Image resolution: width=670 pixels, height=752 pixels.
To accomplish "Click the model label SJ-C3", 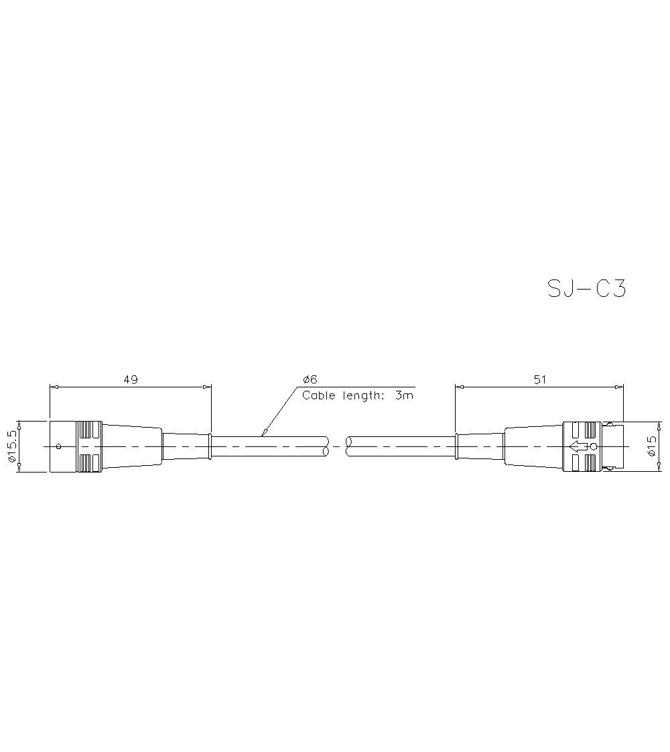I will click(586, 288).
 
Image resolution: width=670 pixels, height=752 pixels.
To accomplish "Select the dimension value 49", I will click(130, 379).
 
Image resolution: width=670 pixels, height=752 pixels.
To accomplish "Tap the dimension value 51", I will click(539, 379).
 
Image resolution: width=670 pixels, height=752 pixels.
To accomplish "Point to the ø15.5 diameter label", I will click(11, 446).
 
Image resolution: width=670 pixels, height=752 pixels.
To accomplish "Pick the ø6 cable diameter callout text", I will click(310, 379).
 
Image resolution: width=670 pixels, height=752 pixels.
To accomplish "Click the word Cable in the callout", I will click(319, 395).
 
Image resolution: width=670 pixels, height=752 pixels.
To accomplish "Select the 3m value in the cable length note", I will click(404, 395).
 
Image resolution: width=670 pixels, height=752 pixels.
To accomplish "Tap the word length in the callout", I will click(362, 395).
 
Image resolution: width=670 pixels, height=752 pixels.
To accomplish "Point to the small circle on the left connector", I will click(58, 446).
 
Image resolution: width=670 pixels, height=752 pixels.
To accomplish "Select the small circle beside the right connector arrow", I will click(593, 446).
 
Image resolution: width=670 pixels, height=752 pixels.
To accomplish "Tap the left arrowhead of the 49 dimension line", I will click(54, 387).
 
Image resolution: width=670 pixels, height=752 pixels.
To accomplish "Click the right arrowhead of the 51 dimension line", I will click(619, 387).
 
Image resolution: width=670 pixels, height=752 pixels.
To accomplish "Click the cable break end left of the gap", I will click(326, 446).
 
